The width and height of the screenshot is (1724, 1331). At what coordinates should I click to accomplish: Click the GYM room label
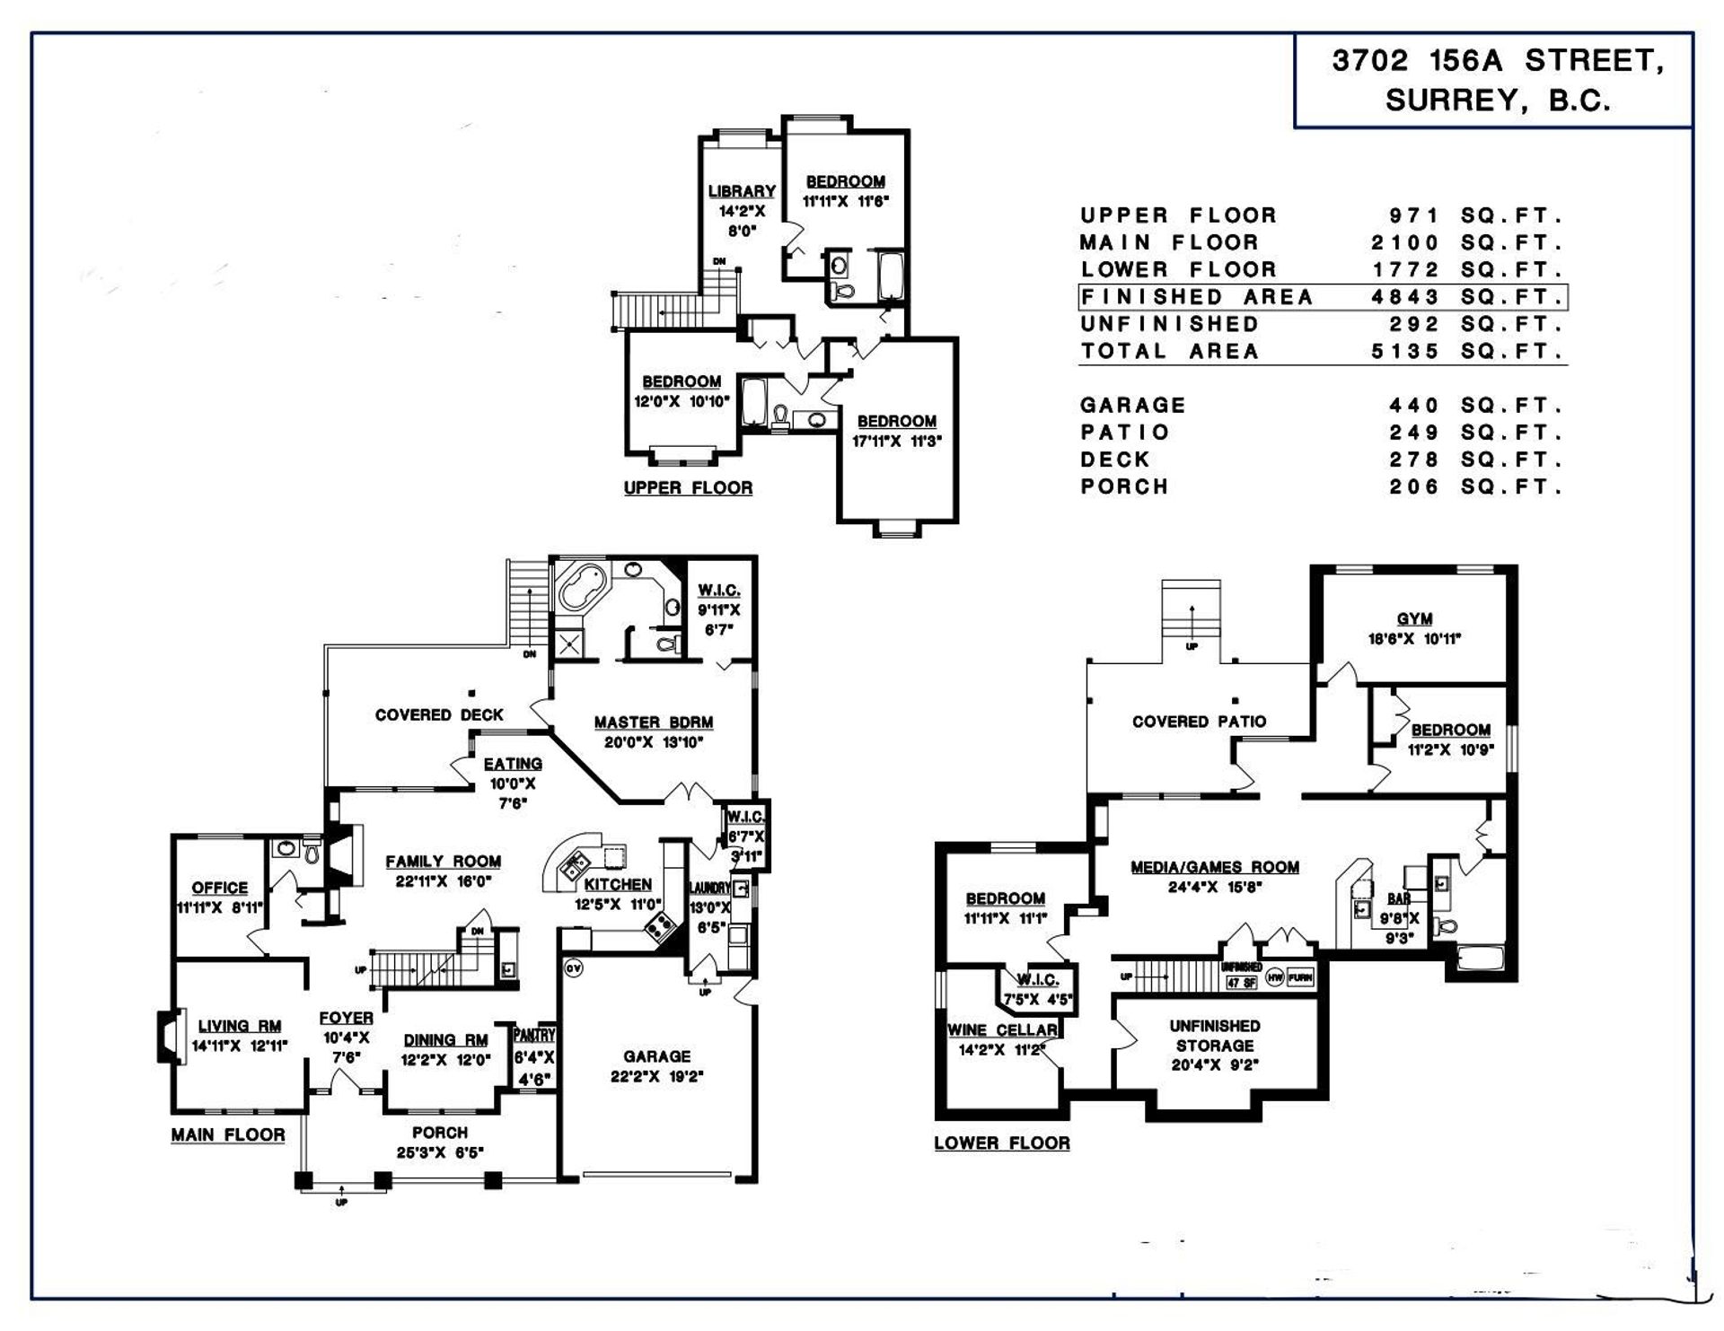click(x=1413, y=619)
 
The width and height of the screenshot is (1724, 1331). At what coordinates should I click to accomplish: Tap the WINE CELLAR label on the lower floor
click(x=1002, y=1030)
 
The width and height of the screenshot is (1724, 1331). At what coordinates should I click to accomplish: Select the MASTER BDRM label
click(x=653, y=722)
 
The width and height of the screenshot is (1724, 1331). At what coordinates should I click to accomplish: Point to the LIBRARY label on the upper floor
click(x=742, y=191)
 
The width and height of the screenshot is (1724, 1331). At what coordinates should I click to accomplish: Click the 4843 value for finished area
click(x=1405, y=297)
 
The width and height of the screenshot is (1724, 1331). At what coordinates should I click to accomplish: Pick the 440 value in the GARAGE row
click(x=1414, y=406)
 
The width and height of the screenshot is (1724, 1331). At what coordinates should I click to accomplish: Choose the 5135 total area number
click(x=1405, y=352)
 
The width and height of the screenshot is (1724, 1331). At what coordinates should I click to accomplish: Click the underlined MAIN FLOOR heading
click(x=228, y=1135)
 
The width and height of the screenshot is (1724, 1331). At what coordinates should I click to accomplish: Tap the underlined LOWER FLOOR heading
click(x=1002, y=1143)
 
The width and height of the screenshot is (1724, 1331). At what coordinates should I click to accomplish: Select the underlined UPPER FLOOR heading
click(x=688, y=488)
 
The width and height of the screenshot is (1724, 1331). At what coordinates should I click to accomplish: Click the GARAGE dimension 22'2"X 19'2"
click(x=656, y=1077)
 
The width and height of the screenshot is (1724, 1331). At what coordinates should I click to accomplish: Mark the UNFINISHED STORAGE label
click(x=1214, y=1036)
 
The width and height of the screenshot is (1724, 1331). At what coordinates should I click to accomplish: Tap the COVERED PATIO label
click(x=1199, y=722)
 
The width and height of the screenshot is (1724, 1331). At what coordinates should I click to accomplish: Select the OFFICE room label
click(x=219, y=888)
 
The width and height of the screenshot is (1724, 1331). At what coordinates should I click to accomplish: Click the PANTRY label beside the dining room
click(x=535, y=1036)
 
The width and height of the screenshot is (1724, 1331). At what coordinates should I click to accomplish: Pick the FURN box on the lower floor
click(x=1300, y=977)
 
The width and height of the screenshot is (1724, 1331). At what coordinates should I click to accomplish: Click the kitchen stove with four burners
click(x=662, y=925)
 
